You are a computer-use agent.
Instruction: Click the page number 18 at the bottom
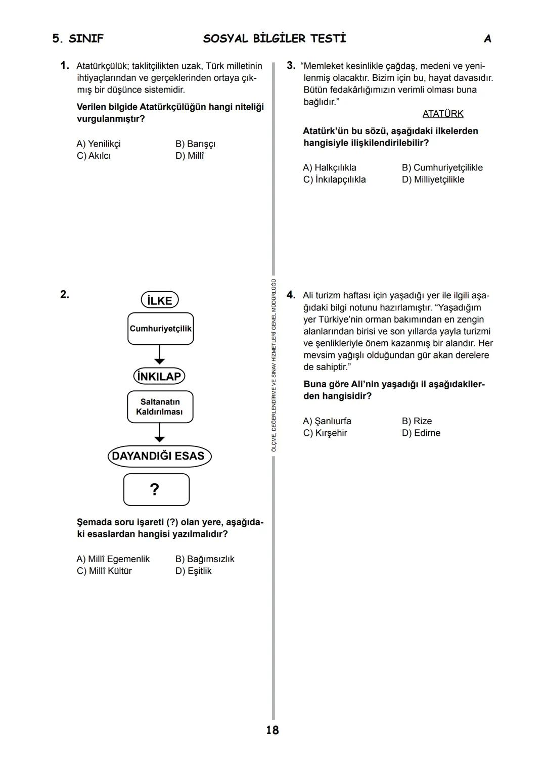tap(272, 730)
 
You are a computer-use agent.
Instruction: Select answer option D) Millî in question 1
tap(190, 156)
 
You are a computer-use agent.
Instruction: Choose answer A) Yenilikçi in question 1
tap(99, 144)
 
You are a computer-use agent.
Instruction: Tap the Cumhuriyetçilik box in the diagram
tap(160, 329)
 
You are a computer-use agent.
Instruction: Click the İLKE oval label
tap(160, 300)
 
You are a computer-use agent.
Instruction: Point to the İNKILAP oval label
tap(159, 377)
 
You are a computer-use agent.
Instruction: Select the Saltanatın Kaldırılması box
tap(160, 407)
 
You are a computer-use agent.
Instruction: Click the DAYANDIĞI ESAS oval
tap(159, 456)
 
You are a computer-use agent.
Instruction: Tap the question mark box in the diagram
tap(156, 489)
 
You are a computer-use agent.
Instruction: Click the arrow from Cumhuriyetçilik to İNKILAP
tap(160, 355)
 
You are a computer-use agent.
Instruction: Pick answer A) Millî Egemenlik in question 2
tap(113, 559)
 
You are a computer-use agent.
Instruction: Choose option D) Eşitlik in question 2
tap(193, 571)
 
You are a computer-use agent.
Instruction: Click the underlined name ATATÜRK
tap(442, 114)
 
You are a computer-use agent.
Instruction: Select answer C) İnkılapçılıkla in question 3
tap(334, 180)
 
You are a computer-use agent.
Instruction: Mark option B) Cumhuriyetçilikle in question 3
tap(442, 168)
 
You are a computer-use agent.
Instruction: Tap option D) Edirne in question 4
tap(421, 433)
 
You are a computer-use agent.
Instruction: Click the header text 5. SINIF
tap(78, 39)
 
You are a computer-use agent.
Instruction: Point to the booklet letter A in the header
tap(487, 39)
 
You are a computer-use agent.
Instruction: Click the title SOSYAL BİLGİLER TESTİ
tap(275, 39)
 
